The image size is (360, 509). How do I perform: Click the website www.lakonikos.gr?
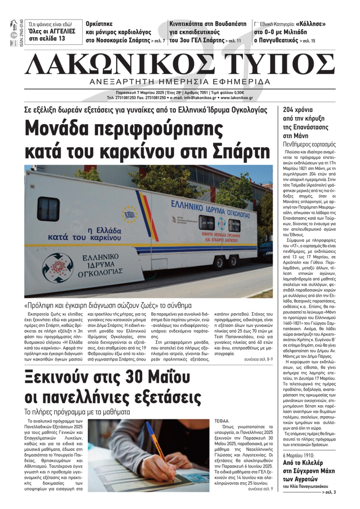[x=237, y=97]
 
